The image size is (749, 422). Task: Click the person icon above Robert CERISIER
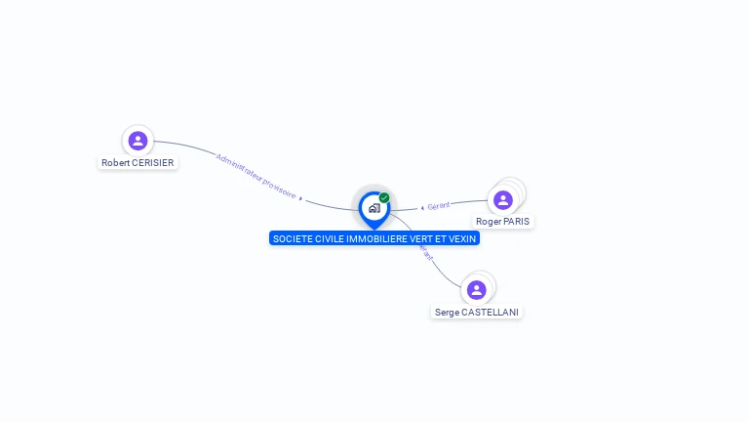(x=138, y=141)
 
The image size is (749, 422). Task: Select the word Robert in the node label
(x=115, y=163)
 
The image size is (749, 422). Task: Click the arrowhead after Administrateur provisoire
(x=301, y=198)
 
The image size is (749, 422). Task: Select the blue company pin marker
(x=374, y=208)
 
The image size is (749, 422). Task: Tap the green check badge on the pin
(x=384, y=197)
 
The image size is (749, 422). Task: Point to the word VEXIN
(x=463, y=238)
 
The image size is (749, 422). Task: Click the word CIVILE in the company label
(x=330, y=238)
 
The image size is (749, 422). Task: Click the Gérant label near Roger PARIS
(x=439, y=206)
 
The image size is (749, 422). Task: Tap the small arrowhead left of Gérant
(x=422, y=207)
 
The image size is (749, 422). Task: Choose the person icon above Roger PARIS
(x=503, y=200)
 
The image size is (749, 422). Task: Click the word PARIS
(x=517, y=222)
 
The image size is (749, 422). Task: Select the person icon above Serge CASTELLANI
(x=476, y=290)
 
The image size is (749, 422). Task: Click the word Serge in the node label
(x=447, y=313)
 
